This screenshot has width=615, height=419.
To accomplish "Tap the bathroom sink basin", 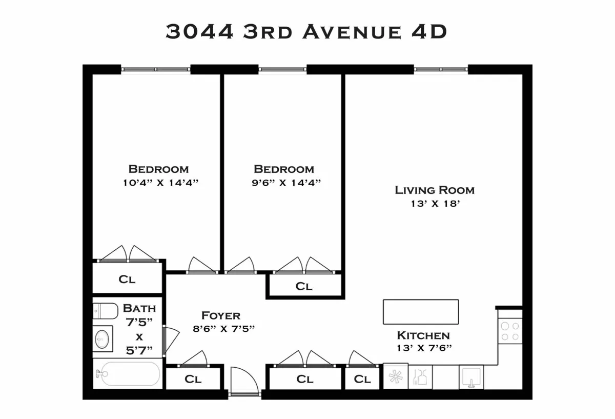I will [102, 339].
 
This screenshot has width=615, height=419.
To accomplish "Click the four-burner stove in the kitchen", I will [510, 330].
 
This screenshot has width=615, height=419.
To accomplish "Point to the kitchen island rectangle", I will [421, 312].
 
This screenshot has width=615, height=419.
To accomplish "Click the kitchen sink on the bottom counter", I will [471, 377].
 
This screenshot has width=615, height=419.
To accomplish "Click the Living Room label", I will [435, 190].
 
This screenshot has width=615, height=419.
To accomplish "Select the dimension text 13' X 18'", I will [435, 204].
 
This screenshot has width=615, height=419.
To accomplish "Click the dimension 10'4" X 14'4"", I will [158, 183].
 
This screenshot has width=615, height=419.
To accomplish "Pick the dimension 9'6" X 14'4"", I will [284, 183].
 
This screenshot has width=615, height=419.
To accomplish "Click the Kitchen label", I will [423, 336].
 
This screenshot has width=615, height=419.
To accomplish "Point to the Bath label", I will [139, 309].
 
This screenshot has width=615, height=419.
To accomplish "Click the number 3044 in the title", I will [199, 32].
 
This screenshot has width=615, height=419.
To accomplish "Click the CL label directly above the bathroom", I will [127, 280].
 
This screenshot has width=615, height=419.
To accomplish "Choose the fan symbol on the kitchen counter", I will [396, 377].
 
